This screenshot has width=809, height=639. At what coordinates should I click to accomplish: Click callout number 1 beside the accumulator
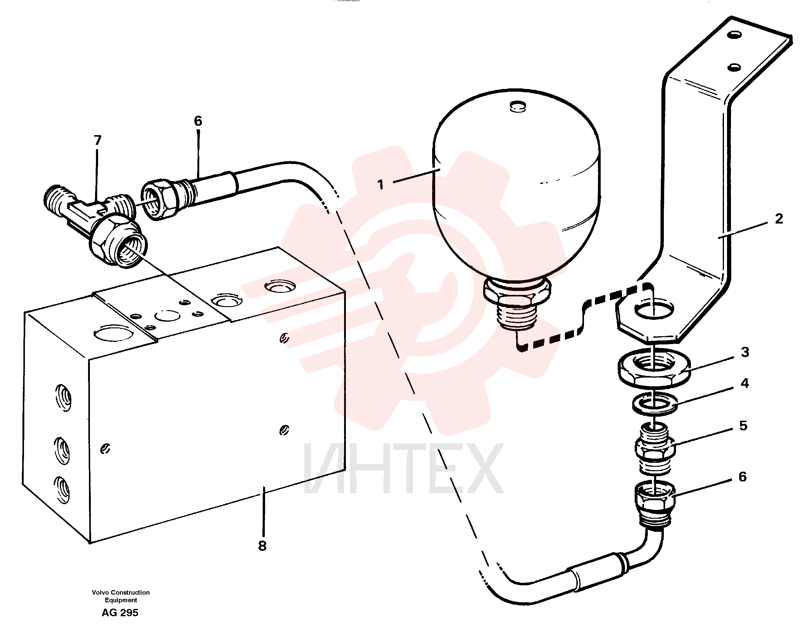click(x=381, y=184)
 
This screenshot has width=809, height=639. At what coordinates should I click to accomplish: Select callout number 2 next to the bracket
click(x=779, y=218)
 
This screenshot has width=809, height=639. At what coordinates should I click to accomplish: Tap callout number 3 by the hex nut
click(x=745, y=352)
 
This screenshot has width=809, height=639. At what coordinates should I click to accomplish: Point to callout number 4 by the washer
click(x=745, y=383)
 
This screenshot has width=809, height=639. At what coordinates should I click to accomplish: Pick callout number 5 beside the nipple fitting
click(x=743, y=425)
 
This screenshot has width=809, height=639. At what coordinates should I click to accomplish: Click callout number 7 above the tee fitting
click(x=97, y=140)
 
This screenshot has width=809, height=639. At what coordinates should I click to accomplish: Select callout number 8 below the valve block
click(x=262, y=546)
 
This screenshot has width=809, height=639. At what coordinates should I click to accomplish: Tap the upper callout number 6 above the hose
click(x=198, y=121)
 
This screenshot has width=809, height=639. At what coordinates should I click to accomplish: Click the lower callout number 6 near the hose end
click(x=743, y=477)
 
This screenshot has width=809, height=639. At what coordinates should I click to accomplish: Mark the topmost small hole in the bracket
click(x=734, y=35)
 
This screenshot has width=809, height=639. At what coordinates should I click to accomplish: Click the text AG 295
click(x=120, y=613)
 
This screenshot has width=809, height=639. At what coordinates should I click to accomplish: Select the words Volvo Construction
click(x=121, y=592)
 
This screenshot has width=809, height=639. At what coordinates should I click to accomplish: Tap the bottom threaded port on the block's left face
click(x=62, y=489)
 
